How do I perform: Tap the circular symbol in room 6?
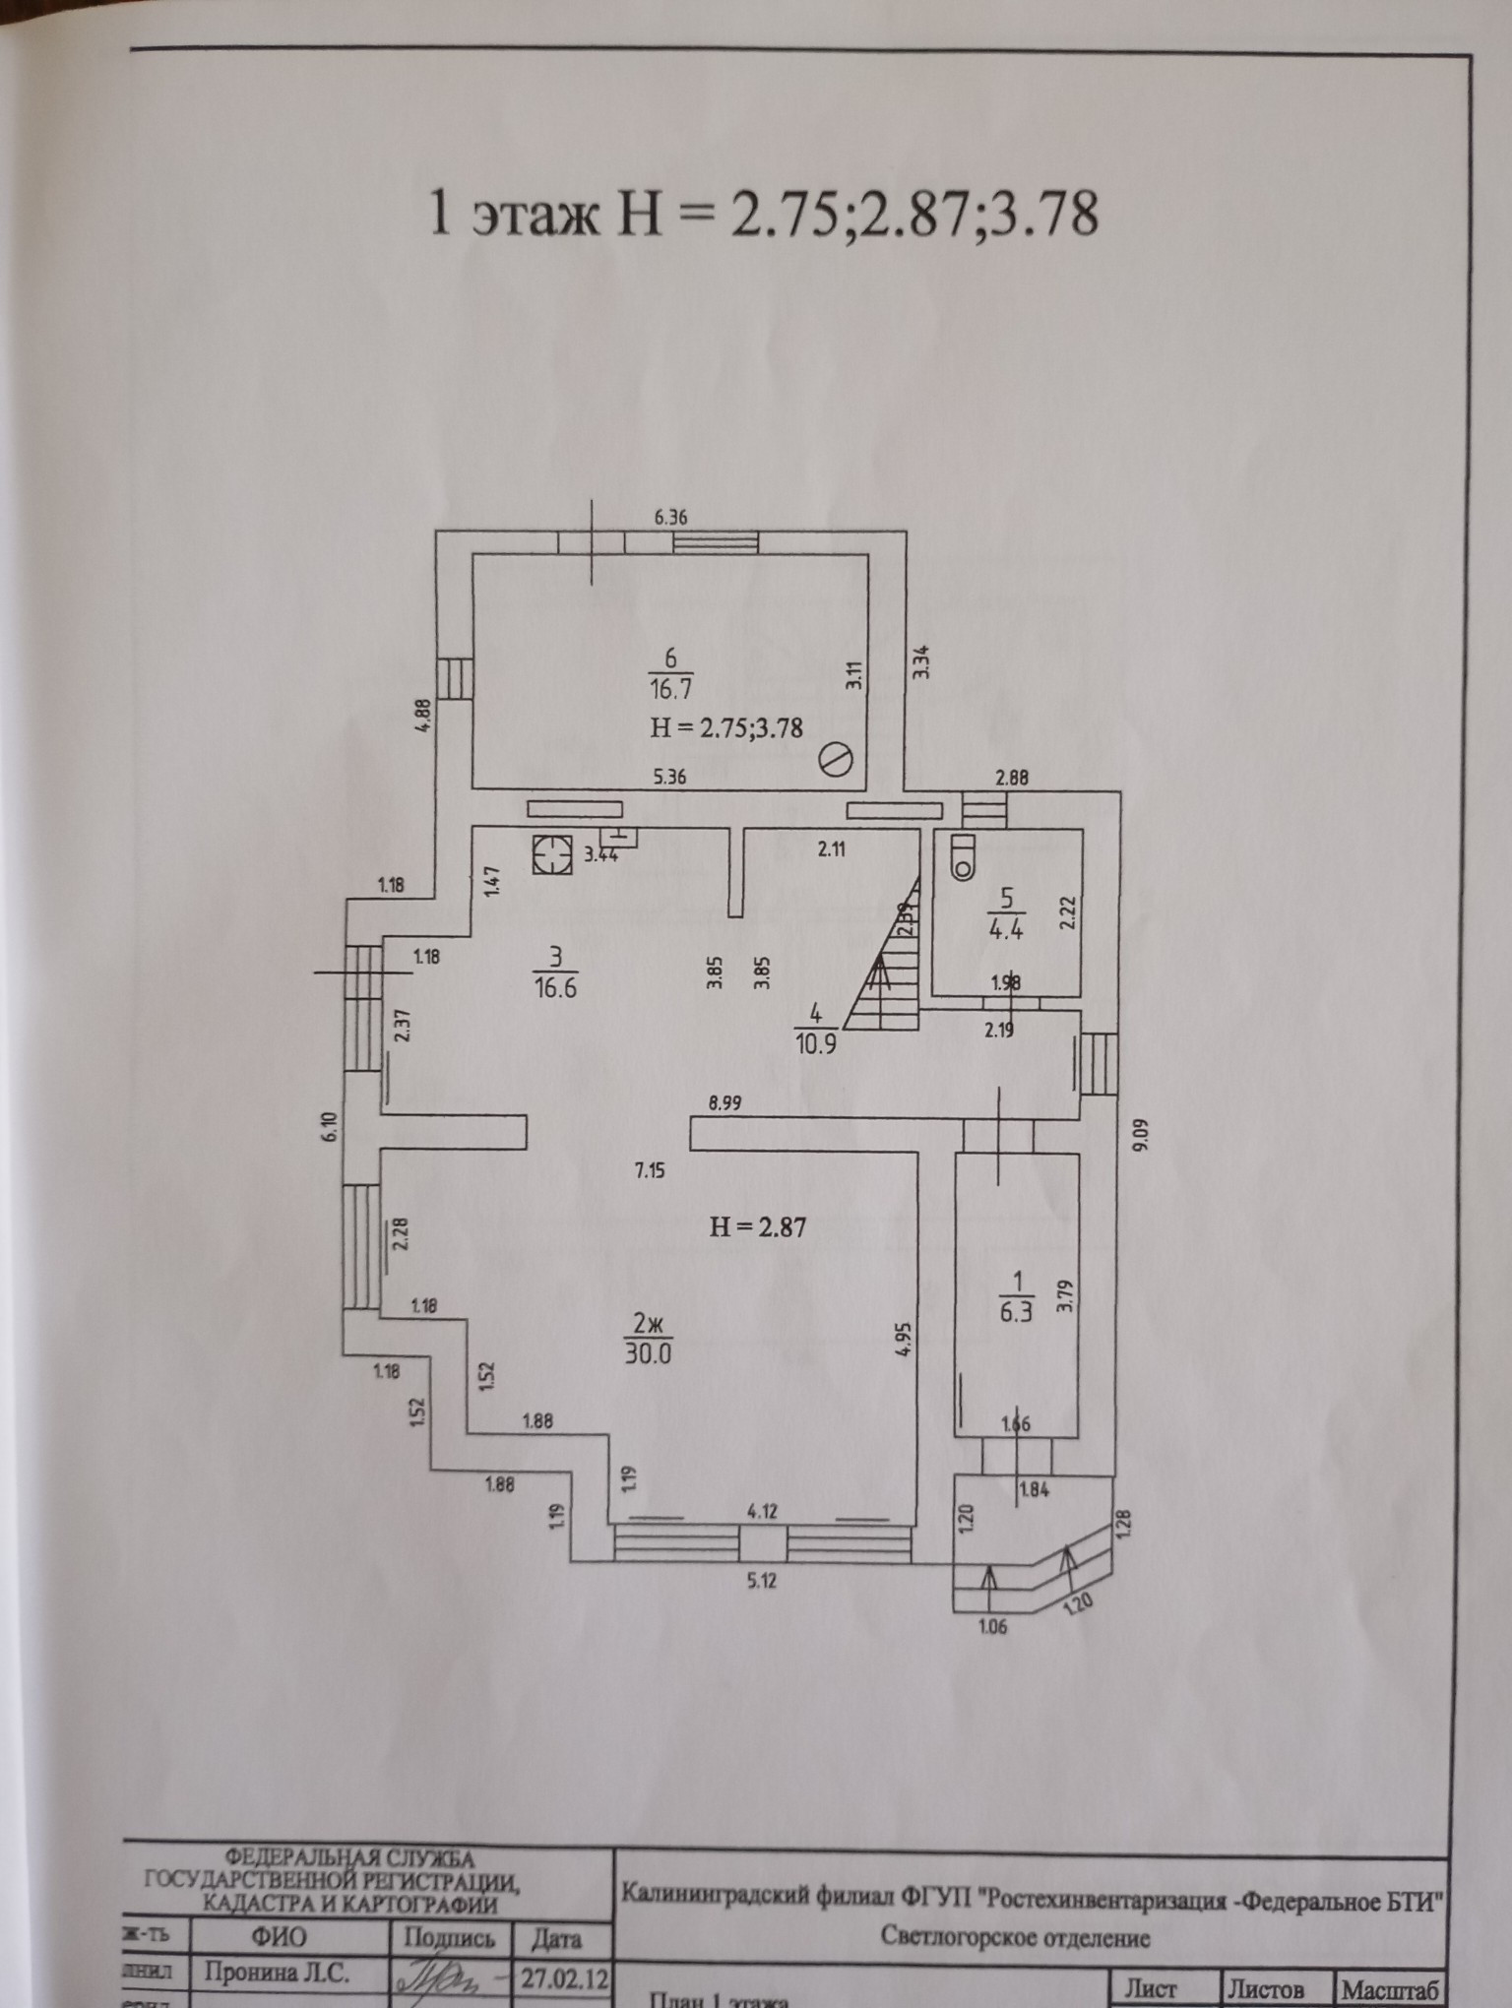836,760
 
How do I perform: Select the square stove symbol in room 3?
552,853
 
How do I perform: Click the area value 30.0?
648,1353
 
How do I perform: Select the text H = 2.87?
758,1226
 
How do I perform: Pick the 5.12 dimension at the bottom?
761,1583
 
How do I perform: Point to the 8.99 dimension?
725,1103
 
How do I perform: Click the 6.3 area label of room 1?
1017,1312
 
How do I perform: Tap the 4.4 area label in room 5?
1005,928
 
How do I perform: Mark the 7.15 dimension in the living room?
650,1170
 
